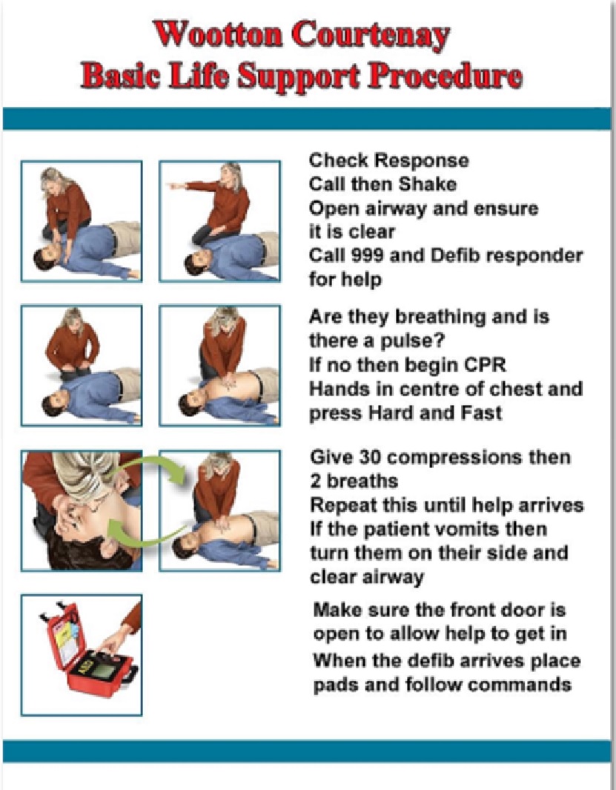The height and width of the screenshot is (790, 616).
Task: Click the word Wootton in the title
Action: click(216, 34)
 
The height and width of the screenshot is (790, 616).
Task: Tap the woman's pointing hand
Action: click(176, 186)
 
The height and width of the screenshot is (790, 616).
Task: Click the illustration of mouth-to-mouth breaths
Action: click(82, 510)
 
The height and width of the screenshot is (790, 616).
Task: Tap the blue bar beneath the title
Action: click(307, 119)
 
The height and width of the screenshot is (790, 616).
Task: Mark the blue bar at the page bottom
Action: click(307, 751)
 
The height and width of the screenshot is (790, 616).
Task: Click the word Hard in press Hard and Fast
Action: click(391, 412)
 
